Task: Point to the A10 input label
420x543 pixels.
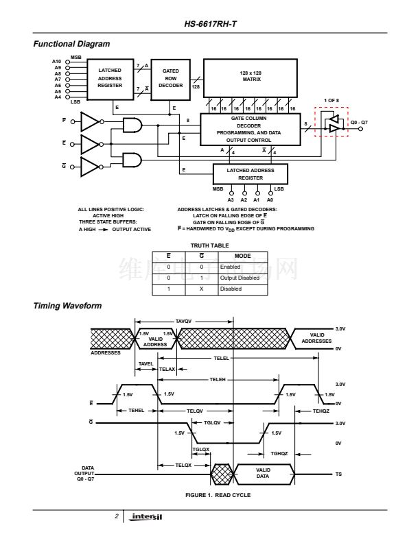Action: (x=57, y=62)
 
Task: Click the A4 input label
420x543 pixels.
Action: (x=57, y=97)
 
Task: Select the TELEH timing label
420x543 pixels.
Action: (x=218, y=378)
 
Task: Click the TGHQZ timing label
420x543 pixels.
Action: (x=279, y=453)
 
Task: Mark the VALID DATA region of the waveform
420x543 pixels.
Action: (x=264, y=473)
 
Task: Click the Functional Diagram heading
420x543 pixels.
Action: (x=71, y=44)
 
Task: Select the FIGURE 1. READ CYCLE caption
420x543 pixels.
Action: (x=213, y=494)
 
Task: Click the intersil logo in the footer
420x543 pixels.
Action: (x=147, y=516)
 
